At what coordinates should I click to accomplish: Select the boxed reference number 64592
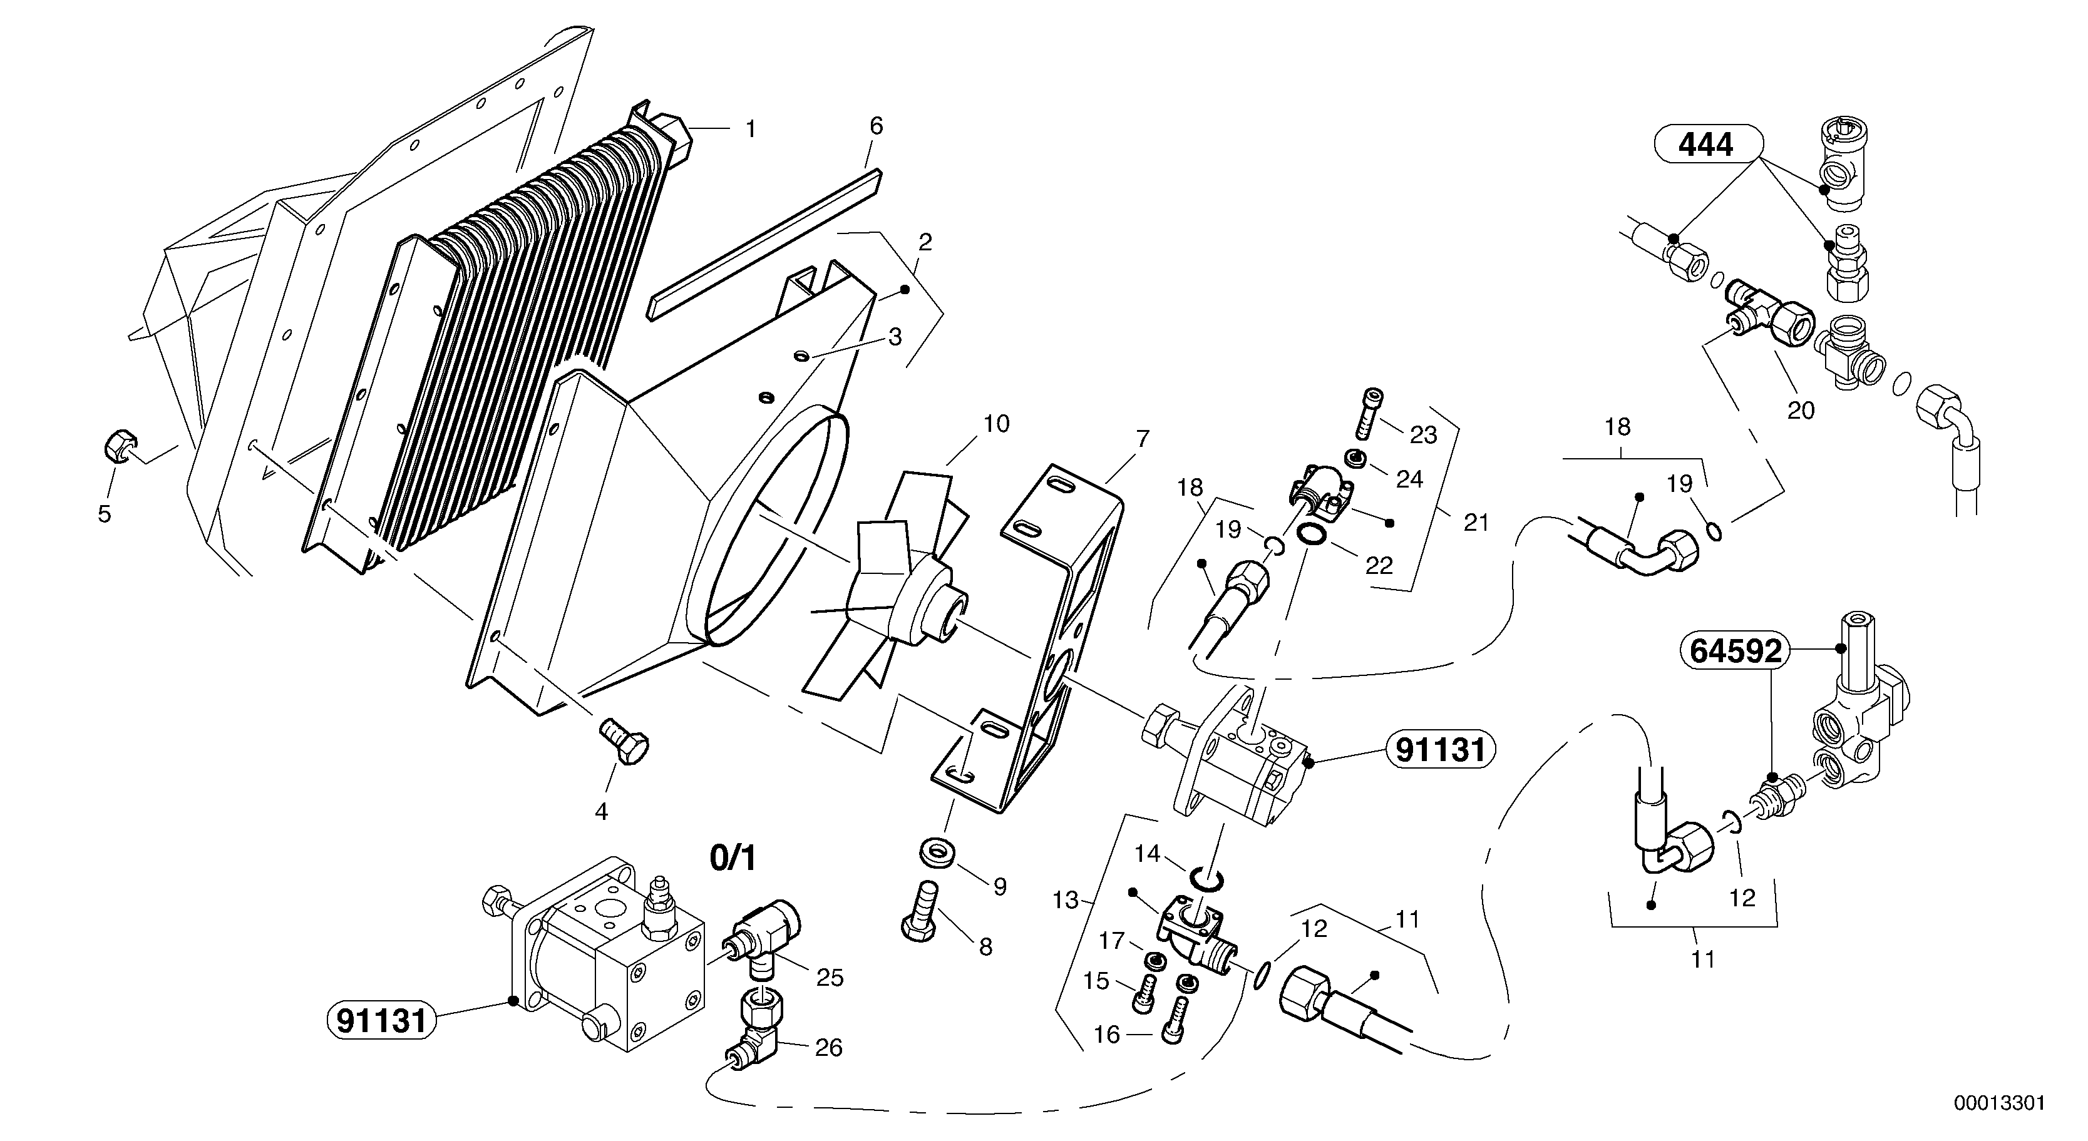tap(1736, 651)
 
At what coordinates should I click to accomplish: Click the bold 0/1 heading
tap(733, 858)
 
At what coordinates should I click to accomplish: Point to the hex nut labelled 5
tap(119, 446)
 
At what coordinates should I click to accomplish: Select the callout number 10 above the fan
tap(996, 424)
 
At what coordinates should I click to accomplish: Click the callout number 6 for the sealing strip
tap(877, 126)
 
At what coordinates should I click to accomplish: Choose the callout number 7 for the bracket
tap(1143, 440)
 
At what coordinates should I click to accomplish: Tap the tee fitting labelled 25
tap(768, 936)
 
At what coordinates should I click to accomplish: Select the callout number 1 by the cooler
tap(751, 130)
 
